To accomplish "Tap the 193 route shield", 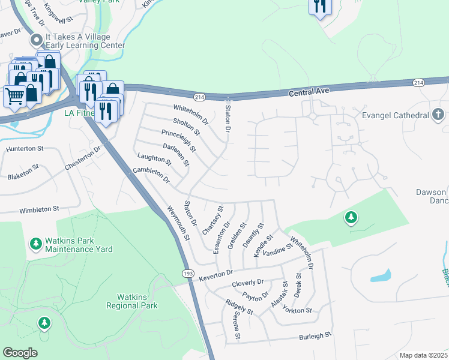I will click(x=188, y=272).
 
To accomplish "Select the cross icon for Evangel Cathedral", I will click(x=439, y=114).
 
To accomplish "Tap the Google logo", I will click(x=20, y=352).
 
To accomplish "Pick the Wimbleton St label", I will click(x=39, y=210).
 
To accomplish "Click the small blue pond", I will click(x=381, y=277).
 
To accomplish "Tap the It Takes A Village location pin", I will click(x=36, y=41).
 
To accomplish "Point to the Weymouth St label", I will click(x=178, y=223).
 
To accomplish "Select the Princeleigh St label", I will click(x=178, y=140).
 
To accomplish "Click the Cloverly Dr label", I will click(x=248, y=282).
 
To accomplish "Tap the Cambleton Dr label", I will click(x=151, y=175).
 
